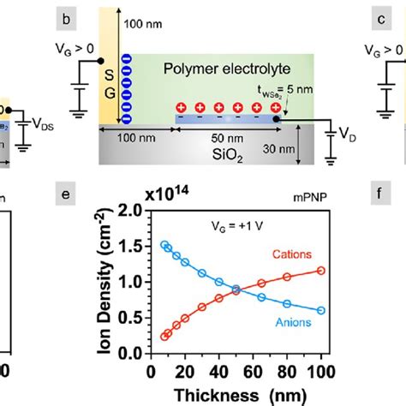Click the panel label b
[x=86, y=16]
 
